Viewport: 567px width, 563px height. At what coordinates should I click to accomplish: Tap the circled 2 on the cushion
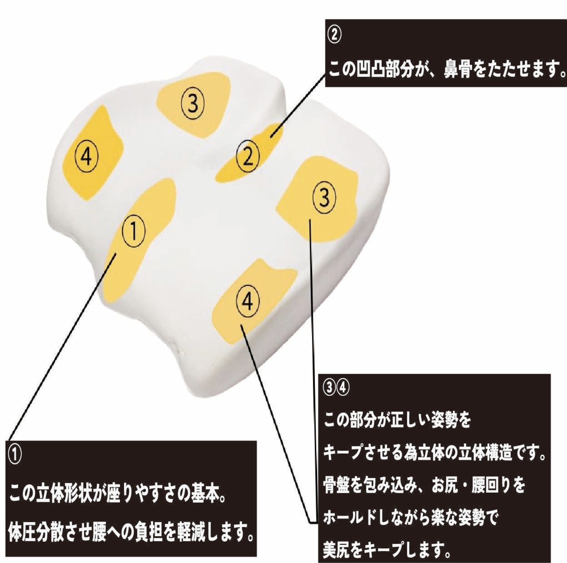[248, 156]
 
